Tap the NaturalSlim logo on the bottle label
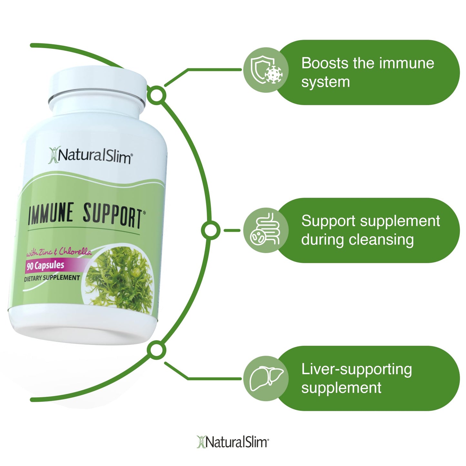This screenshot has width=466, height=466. [91, 156]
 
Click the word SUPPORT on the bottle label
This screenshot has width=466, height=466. [113, 216]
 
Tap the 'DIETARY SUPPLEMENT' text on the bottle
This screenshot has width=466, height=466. [52, 278]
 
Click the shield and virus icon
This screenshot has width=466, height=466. [266, 70]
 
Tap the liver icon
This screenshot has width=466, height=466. [266, 378]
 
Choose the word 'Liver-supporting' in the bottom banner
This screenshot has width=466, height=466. [356, 369]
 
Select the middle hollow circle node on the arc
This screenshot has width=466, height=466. [211, 230]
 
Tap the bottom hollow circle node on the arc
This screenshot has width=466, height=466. [156, 350]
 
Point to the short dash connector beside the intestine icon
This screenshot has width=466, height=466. [232, 230]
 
